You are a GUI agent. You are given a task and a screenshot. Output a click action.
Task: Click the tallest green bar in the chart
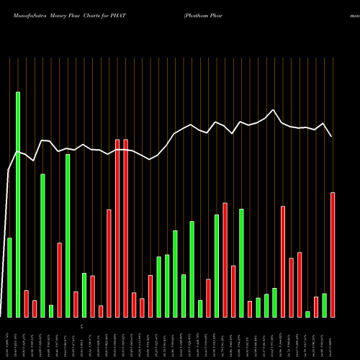(18, 204)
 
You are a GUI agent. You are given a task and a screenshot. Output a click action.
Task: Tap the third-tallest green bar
(42, 245)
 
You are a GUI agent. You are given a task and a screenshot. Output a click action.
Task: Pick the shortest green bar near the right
(307, 314)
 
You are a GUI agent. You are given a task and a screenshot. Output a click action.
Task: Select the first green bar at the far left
(9, 277)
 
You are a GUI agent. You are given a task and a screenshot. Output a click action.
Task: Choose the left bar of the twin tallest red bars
(117, 228)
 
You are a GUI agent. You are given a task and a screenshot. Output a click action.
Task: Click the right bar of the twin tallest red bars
(125, 228)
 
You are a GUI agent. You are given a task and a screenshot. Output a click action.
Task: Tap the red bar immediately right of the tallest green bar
(26, 303)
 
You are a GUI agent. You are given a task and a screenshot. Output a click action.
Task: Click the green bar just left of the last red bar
(324, 305)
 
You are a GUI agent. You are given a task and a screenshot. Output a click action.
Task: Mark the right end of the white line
(332, 136)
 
